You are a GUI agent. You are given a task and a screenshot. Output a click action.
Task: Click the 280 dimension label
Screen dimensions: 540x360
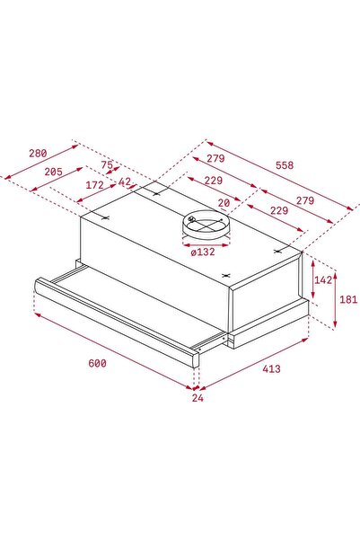click(x=37, y=154)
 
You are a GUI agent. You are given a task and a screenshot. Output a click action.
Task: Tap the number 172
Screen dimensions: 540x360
click(x=93, y=185)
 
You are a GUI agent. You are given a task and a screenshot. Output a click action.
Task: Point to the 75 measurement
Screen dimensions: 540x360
click(x=107, y=165)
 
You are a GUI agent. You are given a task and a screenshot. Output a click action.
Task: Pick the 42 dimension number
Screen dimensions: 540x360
click(x=124, y=182)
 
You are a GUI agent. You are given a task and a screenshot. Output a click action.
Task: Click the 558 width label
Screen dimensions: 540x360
click(x=285, y=165)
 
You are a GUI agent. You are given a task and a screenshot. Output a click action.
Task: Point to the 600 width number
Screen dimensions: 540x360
click(x=97, y=364)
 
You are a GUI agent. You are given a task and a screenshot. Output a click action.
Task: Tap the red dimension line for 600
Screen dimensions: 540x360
click(x=112, y=350)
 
